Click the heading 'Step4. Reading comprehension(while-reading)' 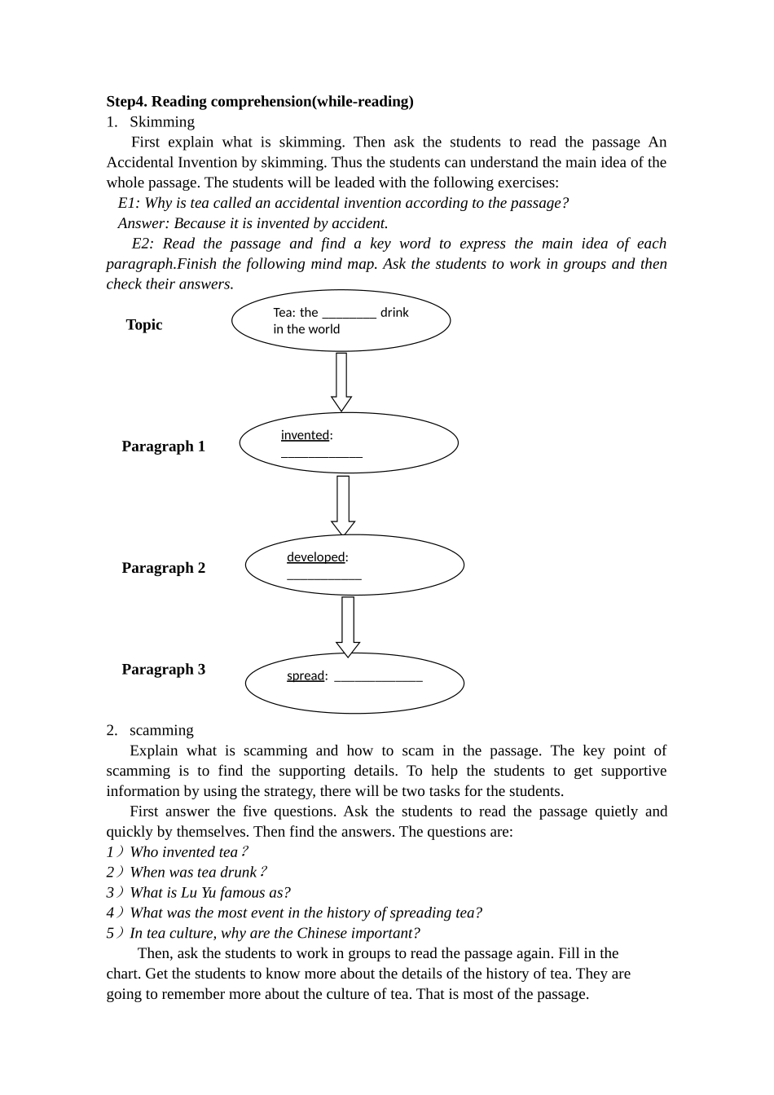pyautogui.click(x=260, y=102)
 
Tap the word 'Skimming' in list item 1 pyautogui.click(x=162, y=122)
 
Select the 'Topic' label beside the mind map pyautogui.click(x=144, y=324)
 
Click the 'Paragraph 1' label pyautogui.click(x=164, y=446)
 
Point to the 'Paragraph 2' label pyautogui.click(x=164, y=568)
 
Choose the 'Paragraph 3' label pyautogui.click(x=164, y=670)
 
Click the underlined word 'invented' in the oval pyautogui.click(x=305, y=435)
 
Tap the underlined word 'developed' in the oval pyautogui.click(x=316, y=557)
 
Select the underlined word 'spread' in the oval pyautogui.click(x=306, y=675)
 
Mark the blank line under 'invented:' pyautogui.click(x=322, y=455)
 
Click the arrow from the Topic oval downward pyautogui.click(x=341, y=381)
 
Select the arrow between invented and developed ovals pyautogui.click(x=343, y=504)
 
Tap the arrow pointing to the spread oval pyautogui.click(x=348, y=626)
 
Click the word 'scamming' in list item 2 pyautogui.click(x=161, y=731)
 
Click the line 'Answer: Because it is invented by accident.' pyautogui.click(x=253, y=223)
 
